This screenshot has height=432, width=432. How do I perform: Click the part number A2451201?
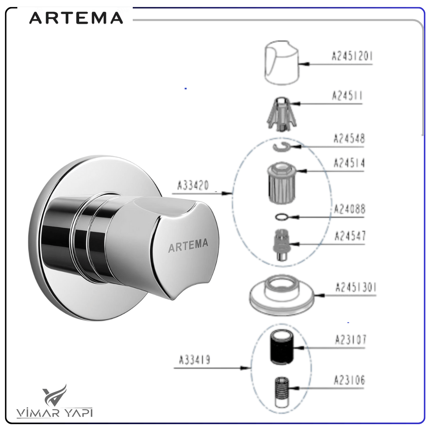click(352, 56)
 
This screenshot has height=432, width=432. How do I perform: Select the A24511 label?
click(347, 96)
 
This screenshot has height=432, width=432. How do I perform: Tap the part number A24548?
click(349, 139)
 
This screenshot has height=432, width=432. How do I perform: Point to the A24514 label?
click(349, 163)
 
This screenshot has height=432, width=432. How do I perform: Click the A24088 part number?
click(350, 209)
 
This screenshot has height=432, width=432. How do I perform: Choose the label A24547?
click(350, 236)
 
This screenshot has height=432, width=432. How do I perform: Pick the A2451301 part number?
click(356, 287)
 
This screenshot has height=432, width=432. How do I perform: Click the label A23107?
click(350, 339)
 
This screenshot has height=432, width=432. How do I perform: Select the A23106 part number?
click(350, 380)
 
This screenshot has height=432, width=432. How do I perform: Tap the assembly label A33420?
click(193, 185)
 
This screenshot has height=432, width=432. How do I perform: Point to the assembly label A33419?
click(194, 360)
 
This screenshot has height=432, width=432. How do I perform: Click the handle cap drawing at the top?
click(282, 63)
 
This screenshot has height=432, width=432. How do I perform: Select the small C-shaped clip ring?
click(282, 146)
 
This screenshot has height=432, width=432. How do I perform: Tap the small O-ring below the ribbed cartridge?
click(282, 218)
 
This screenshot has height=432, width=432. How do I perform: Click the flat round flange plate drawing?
click(282, 295)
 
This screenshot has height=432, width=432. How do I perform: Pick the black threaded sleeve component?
click(282, 348)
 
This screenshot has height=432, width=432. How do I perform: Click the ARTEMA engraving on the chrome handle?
click(188, 245)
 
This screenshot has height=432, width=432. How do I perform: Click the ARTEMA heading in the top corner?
click(76, 18)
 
